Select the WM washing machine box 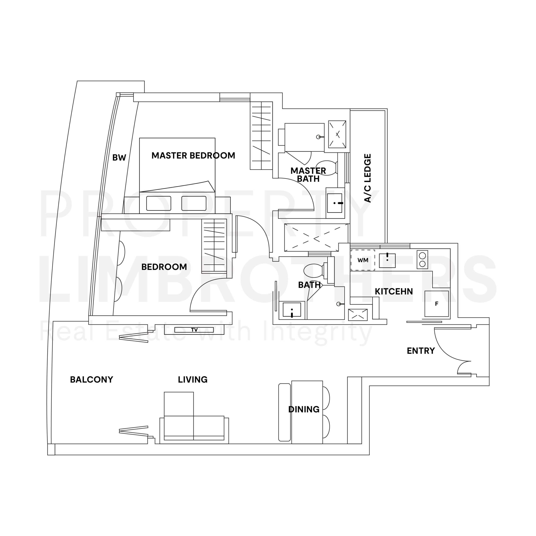363,260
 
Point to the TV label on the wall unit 194,330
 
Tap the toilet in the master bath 327,168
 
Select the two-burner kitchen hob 422,259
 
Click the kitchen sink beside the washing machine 387,260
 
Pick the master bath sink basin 334,203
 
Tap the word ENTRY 421,351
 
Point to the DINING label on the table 304,409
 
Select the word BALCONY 91,380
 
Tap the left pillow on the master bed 159,203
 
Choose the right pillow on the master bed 194,203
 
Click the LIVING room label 193,380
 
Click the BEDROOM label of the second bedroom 164,267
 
